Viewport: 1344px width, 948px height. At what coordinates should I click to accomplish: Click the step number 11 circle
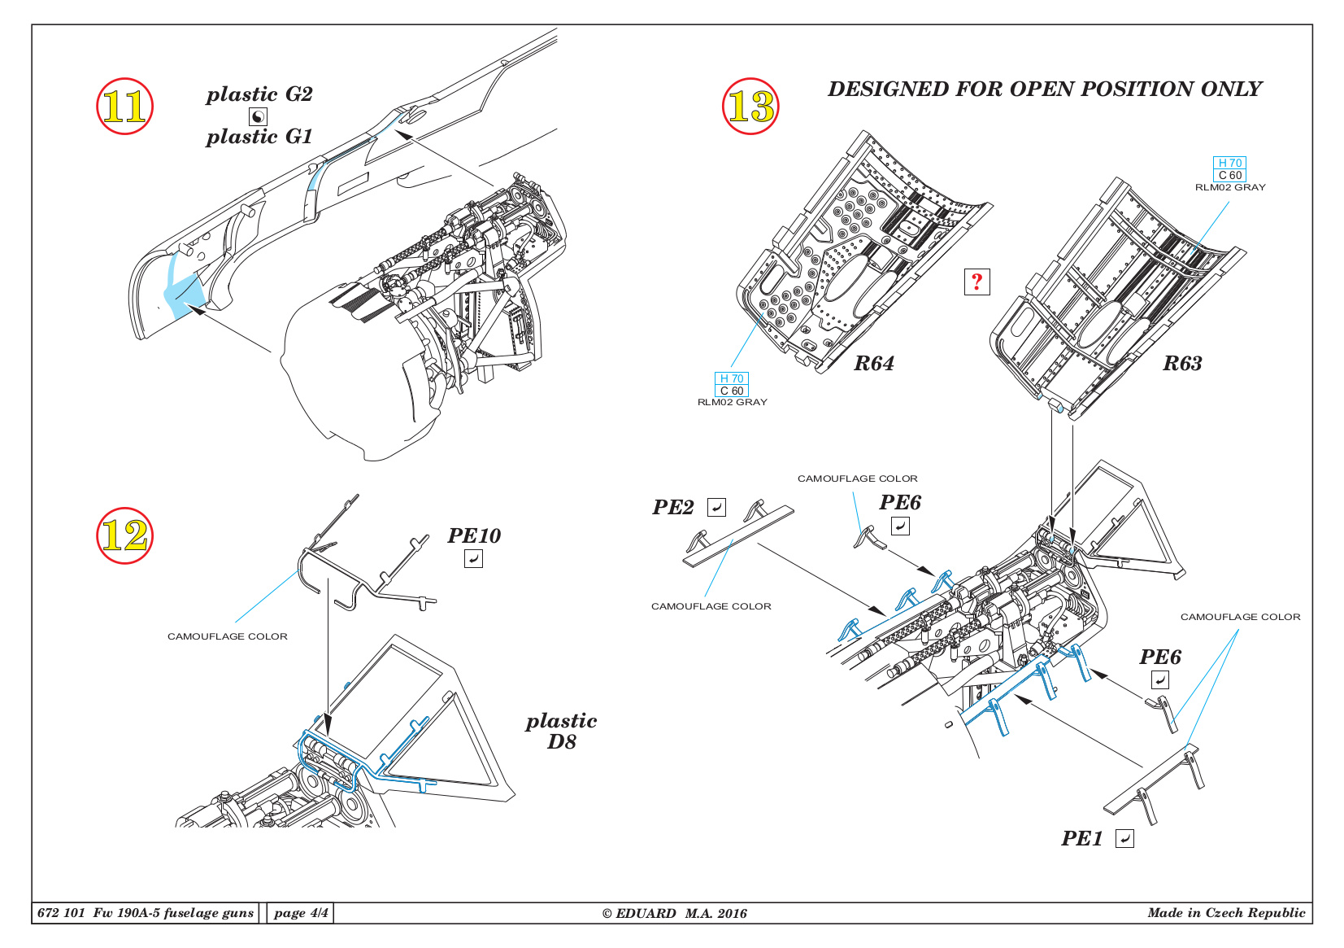pos(124,107)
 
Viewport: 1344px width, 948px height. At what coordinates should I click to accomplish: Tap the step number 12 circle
pos(124,535)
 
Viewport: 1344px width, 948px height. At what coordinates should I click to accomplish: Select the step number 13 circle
pos(750,107)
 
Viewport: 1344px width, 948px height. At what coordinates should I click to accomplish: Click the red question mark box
pos(976,282)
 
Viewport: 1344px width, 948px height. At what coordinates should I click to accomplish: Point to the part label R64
pos(873,364)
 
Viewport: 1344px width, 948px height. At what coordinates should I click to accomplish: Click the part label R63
pos(1181,364)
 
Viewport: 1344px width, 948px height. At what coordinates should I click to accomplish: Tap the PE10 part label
pos(474,535)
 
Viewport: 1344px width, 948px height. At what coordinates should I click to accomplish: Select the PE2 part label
pos(673,508)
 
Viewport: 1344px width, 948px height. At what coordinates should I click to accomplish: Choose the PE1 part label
pos(1081,838)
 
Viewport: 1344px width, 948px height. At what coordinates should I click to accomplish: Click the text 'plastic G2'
pos(259,94)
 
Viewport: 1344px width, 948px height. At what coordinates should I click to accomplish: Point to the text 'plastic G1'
pos(259,137)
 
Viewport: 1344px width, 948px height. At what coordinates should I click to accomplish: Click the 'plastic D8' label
pos(561,731)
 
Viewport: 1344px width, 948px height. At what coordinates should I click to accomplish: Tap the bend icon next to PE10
pos(473,558)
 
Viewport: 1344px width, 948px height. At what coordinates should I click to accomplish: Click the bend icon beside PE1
pos(1124,838)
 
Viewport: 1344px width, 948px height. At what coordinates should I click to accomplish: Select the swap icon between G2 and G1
pos(258,116)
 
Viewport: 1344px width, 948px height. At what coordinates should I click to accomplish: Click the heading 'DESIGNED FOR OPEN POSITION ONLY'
pos(1044,89)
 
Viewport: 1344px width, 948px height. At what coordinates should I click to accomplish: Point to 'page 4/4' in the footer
pos(301,913)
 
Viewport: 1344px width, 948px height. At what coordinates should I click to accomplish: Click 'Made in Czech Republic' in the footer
pos(1226,913)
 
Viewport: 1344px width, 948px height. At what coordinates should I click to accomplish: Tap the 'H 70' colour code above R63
pos(1229,163)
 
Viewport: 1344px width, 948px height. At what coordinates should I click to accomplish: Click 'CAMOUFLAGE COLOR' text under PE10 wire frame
pos(228,636)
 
